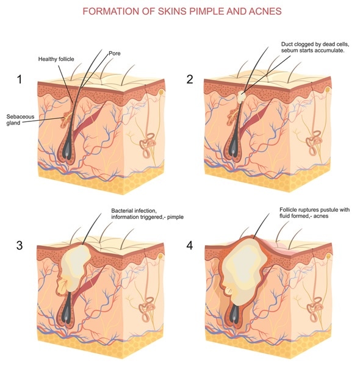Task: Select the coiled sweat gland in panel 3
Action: [x=147, y=308]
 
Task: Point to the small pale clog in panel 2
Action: [x=242, y=96]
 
